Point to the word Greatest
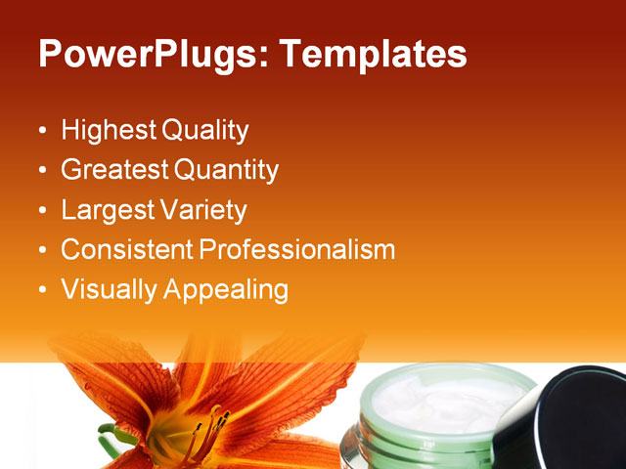coord(113,170)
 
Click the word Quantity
coord(227,170)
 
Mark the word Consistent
coord(126,250)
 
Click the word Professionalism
coord(297,250)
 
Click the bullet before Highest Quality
coord(41,131)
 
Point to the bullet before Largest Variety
coord(41,211)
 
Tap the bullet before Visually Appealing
coord(41,291)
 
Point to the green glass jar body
coord(430,445)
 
